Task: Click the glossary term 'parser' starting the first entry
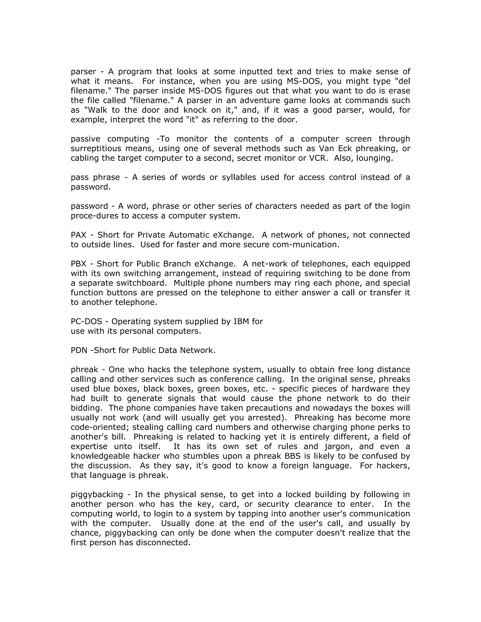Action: tap(83, 72)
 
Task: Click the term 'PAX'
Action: tap(78, 235)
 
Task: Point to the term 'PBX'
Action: tap(78, 264)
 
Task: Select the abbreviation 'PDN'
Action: tap(79, 350)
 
